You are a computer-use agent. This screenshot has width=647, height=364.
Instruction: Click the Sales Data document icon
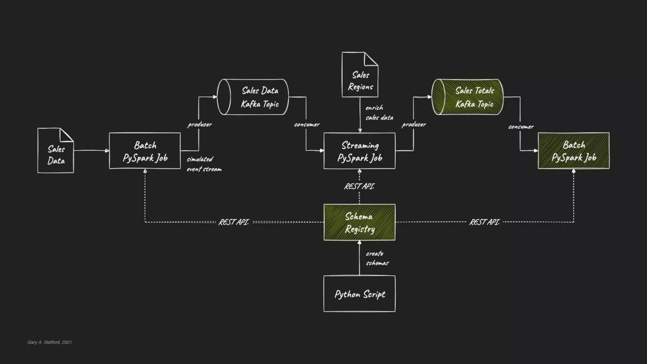point(56,151)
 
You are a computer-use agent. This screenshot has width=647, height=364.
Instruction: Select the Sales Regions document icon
point(360,75)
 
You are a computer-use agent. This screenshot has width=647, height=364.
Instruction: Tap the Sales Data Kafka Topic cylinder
point(253,97)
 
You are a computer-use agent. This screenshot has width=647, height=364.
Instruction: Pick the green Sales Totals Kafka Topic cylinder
point(467,97)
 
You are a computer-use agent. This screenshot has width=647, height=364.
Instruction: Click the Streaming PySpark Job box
point(359,151)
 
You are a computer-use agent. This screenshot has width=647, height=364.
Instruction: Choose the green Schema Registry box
point(359,222)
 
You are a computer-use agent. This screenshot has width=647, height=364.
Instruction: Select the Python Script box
point(359,294)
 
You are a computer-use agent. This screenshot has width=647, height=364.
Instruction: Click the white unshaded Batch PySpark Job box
point(145,151)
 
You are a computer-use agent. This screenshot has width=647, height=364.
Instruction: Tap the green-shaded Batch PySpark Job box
point(573,151)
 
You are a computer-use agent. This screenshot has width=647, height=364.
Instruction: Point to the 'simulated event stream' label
point(204,164)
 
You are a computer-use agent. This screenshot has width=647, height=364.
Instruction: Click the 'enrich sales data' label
point(379,113)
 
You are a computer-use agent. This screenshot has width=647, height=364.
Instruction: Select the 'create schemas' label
point(377,258)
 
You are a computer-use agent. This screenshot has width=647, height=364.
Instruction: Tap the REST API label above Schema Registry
point(359,186)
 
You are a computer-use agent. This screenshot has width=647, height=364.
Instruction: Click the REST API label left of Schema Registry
point(234,222)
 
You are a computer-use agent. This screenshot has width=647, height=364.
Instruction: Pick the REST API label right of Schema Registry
point(484,222)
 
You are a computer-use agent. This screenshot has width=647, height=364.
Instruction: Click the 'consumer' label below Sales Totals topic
point(521,127)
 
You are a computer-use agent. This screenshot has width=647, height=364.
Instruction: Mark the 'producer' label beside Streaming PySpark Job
point(414,124)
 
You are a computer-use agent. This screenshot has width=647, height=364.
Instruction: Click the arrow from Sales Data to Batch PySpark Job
point(91,151)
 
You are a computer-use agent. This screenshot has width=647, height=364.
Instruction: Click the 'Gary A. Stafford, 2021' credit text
point(50,342)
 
